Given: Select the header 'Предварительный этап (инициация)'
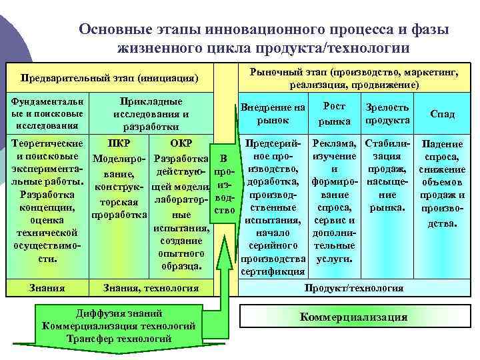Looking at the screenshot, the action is tap(110, 79).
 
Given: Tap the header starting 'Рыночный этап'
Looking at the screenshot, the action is tap(354, 78).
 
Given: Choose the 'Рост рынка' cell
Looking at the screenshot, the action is tap(334, 113).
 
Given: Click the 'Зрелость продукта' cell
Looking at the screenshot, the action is tap(387, 113).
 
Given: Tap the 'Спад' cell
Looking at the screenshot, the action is tap(442, 114).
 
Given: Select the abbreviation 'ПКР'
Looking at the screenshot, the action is tap(118, 143).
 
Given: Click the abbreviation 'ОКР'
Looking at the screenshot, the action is tap(181, 143).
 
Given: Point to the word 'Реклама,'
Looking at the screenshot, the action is tap(334, 143).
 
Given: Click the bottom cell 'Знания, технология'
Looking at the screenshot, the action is tap(151, 288).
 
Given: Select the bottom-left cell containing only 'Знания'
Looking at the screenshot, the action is tap(47, 288).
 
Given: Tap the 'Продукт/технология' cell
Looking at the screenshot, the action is tap(353, 288).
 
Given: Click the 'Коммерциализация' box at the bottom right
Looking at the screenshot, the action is tap(353, 317).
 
